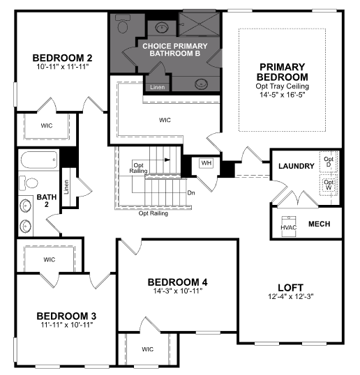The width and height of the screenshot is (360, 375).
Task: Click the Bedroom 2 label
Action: click(x=62, y=58)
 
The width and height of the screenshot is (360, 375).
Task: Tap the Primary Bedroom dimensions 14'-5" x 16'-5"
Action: click(x=283, y=95)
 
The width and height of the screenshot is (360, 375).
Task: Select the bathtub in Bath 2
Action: click(x=39, y=160)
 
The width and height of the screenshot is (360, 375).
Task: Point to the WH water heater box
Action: click(x=206, y=163)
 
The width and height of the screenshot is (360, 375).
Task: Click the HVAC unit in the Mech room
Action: click(x=288, y=227)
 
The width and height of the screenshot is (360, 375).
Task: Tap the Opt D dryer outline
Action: click(x=329, y=162)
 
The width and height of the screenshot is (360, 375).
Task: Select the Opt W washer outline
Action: click(x=329, y=185)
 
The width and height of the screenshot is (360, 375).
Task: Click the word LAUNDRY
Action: click(x=297, y=166)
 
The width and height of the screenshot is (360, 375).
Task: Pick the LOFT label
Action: click(x=291, y=287)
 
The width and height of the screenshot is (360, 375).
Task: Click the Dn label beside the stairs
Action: click(x=191, y=193)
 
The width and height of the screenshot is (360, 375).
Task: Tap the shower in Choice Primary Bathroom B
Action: click(x=199, y=24)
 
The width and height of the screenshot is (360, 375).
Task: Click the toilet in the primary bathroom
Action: click(x=123, y=24)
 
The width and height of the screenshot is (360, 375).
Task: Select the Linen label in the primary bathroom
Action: click(x=157, y=87)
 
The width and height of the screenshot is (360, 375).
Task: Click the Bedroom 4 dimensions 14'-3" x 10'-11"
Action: click(x=178, y=291)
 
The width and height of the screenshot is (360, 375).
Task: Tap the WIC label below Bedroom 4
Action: click(x=147, y=349)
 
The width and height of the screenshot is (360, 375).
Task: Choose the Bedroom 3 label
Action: click(x=66, y=316)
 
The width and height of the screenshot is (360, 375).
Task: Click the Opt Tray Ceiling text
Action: click(x=282, y=86)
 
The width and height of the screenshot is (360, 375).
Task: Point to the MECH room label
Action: click(x=320, y=224)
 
